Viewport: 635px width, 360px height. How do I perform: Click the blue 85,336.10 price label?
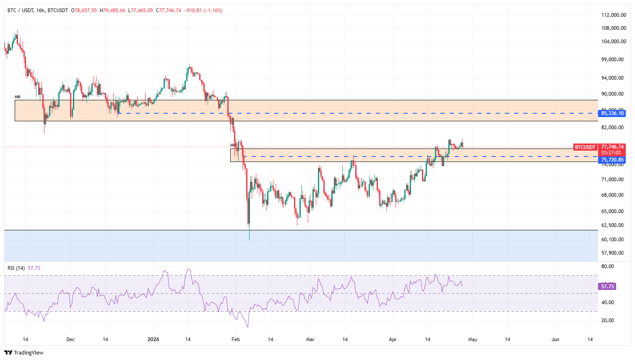(612, 113)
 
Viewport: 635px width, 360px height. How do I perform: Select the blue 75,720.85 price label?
(612, 160)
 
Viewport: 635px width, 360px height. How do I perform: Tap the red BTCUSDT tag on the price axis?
(585, 147)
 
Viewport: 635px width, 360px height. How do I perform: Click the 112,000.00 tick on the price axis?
(614, 15)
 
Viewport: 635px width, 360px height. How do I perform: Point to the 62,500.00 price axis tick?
(612, 225)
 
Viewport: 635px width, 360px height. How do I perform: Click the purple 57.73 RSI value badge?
(607, 287)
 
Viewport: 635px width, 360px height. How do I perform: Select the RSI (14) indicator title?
(16, 268)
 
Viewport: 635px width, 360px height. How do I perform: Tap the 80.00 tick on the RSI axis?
(607, 266)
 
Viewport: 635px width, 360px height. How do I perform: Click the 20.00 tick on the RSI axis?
(607, 321)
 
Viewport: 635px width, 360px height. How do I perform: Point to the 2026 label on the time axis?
(154, 339)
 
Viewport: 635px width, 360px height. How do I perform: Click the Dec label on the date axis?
(70, 339)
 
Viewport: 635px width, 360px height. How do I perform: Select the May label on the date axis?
(473, 339)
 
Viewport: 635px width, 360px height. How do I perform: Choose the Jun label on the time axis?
(555, 339)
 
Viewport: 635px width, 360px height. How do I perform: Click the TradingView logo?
(24, 353)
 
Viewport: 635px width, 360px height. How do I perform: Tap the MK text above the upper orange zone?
(17, 97)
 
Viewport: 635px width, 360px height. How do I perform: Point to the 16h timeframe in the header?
(40, 10)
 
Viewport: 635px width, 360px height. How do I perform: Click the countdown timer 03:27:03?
(611, 153)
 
